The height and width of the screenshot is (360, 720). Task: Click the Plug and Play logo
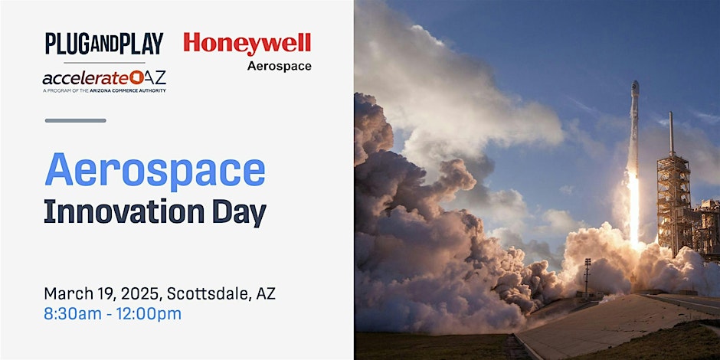pyautogui.click(x=103, y=44)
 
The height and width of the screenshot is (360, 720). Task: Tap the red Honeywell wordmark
pyautogui.click(x=247, y=44)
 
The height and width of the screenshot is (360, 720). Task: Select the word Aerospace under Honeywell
pyautogui.click(x=279, y=66)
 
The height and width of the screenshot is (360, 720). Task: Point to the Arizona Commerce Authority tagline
pyautogui.click(x=104, y=91)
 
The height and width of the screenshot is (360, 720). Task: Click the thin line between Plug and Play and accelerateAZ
pyautogui.click(x=104, y=63)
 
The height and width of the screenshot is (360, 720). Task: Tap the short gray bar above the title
pyautogui.click(x=75, y=121)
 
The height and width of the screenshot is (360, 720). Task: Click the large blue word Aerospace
pyautogui.click(x=155, y=171)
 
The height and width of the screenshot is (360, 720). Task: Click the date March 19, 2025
pyautogui.click(x=103, y=293)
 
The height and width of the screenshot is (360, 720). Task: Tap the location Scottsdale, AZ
pyautogui.click(x=221, y=293)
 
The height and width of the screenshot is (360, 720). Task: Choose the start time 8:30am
pyautogui.click(x=73, y=314)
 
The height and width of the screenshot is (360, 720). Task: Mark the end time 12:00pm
pyautogui.click(x=149, y=315)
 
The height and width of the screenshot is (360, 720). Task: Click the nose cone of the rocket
pyautogui.click(x=635, y=87)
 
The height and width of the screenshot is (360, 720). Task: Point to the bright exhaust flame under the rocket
pyautogui.click(x=633, y=209)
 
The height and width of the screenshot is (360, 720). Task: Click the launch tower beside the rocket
pyautogui.click(x=673, y=202)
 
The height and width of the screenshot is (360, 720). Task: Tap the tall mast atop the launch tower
pyautogui.click(x=671, y=133)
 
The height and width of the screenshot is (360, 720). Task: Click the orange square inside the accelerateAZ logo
pyautogui.click(x=136, y=77)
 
